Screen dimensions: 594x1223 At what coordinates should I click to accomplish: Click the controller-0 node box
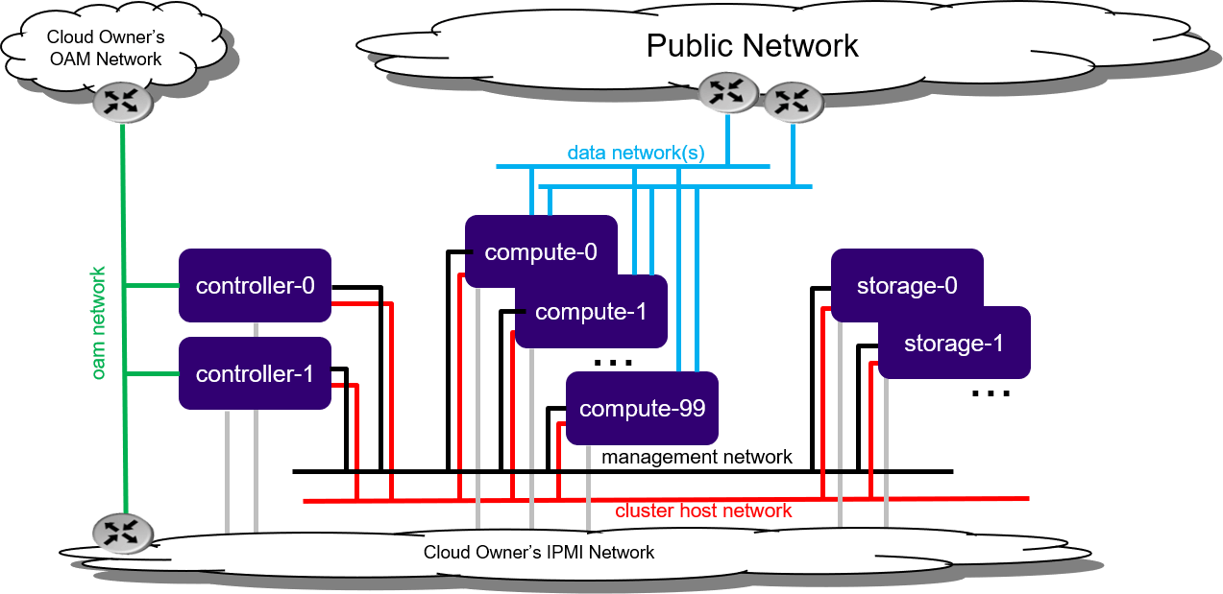click(255, 286)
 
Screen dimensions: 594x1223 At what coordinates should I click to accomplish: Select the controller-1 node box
click(255, 373)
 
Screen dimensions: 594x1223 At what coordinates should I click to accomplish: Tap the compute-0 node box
click(541, 251)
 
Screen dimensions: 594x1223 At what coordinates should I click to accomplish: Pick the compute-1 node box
click(591, 312)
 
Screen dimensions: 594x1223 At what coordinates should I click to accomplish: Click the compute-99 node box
click(642, 408)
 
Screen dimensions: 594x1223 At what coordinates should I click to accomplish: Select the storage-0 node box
click(906, 286)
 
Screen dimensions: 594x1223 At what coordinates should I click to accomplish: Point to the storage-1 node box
click(954, 343)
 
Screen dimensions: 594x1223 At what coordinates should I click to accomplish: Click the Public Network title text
click(751, 45)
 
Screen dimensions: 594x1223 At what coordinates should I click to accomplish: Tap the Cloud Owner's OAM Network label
click(106, 48)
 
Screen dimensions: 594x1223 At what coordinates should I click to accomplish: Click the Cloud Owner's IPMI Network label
click(539, 553)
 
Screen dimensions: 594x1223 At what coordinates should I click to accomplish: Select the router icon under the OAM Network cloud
click(122, 102)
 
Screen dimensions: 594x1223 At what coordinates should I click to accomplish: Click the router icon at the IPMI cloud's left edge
click(122, 534)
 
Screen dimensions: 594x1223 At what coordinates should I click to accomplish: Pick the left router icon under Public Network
click(728, 92)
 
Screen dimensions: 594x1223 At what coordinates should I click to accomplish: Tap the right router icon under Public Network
click(793, 101)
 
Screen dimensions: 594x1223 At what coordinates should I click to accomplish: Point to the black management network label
click(697, 457)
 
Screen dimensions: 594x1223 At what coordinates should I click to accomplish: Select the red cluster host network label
click(703, 511)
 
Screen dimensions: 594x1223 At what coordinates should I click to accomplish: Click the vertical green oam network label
click(99, 324)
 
